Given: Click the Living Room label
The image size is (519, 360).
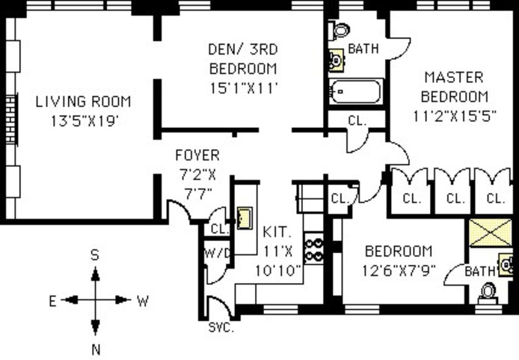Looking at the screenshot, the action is (83, 102).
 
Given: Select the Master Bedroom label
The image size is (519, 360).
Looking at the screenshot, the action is (454, 86).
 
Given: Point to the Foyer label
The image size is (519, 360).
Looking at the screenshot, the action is (197, 156).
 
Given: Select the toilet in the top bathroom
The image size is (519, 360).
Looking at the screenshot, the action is (340, 31).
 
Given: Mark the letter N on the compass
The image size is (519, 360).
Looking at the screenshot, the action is (96, 347).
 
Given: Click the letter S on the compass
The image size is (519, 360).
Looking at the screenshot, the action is (96, 255).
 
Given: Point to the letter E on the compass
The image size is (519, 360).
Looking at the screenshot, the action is (53, 301).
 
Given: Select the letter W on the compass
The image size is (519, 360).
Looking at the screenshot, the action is (142, 301).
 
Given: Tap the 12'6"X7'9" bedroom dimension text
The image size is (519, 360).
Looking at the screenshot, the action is (399, 269).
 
